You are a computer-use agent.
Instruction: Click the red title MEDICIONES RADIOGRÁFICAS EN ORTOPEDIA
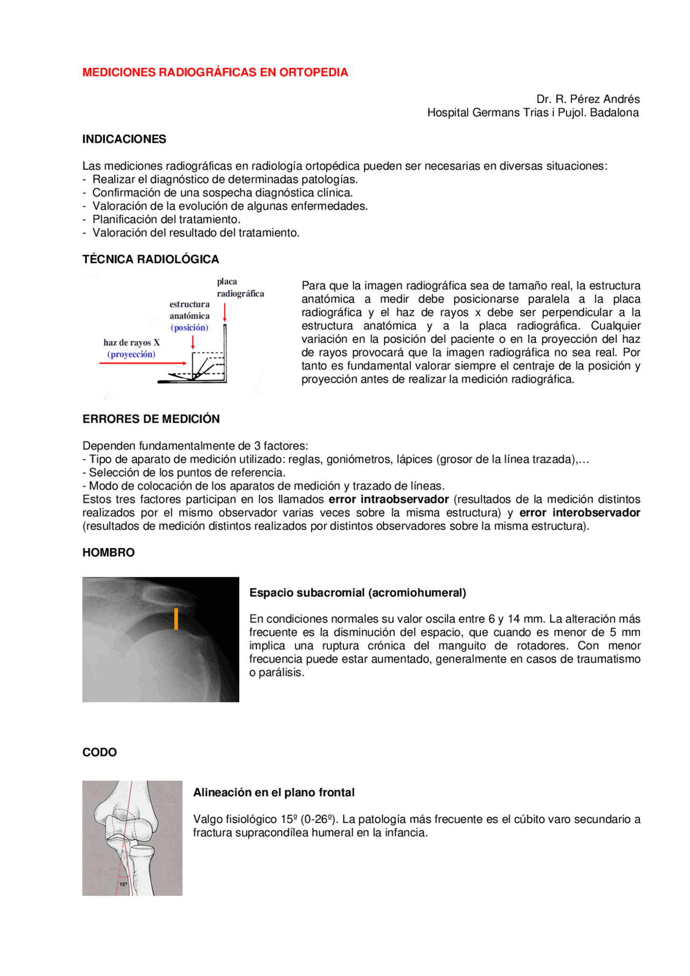coord(215,72)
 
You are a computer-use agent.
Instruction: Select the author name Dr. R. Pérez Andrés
coord(588,99)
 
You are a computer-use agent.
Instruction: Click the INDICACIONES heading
coord(124,139)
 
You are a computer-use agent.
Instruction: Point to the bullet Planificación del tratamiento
coord(166,219)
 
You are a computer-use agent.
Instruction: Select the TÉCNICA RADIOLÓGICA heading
coord(150,259)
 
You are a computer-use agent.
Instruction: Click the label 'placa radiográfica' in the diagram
coord(240,288)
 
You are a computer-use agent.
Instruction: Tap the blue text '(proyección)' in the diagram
coord(132,355)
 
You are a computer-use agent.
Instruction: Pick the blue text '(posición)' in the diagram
coord(189,328)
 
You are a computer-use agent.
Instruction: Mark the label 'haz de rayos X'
coord(132,343)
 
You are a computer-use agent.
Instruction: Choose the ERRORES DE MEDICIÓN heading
coord(151,419)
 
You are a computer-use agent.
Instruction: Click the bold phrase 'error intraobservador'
coord(389,500)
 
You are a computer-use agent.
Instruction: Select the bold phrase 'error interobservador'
coord(579,513)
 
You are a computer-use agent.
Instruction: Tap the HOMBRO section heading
coord(108,552)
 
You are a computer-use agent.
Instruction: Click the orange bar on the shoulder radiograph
coord(176,619)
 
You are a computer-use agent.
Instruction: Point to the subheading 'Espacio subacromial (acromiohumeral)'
coord(357,593)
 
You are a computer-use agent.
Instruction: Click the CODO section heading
coord(99,752)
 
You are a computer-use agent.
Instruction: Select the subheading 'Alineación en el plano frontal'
coord(274,793)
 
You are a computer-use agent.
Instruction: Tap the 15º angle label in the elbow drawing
coord(123,884)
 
